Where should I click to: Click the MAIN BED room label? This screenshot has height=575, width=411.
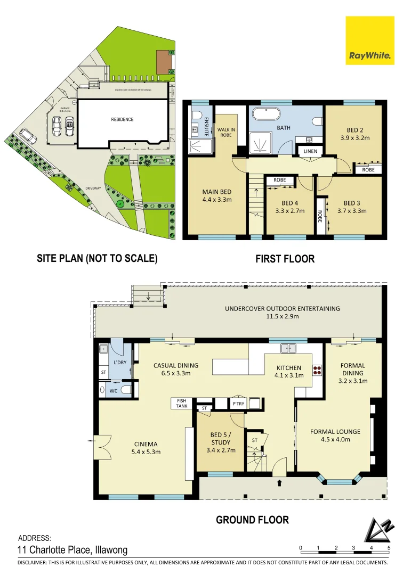pyautogui.click(x=216, y=196)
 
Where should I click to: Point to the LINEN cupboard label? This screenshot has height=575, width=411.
pyautogui.click(x=310, y=152)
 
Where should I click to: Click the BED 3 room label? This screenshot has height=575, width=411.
pyautogui.click(x=352, y=207)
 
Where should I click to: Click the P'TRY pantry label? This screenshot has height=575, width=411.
pyautogui.click(x=238, y=404)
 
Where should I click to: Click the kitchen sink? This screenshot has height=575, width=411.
pyautogui.click(x=289, y=349)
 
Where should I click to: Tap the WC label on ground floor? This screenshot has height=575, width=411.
pyautogui.click(x=113, y=391)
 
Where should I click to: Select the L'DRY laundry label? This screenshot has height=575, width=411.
pyautogui.click(x=120, y=363)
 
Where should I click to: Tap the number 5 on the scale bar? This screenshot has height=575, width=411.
pyautogui.click(x=389, y=548)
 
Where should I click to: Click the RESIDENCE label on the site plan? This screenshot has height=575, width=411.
pyautogui.click(x=122, y=119)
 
